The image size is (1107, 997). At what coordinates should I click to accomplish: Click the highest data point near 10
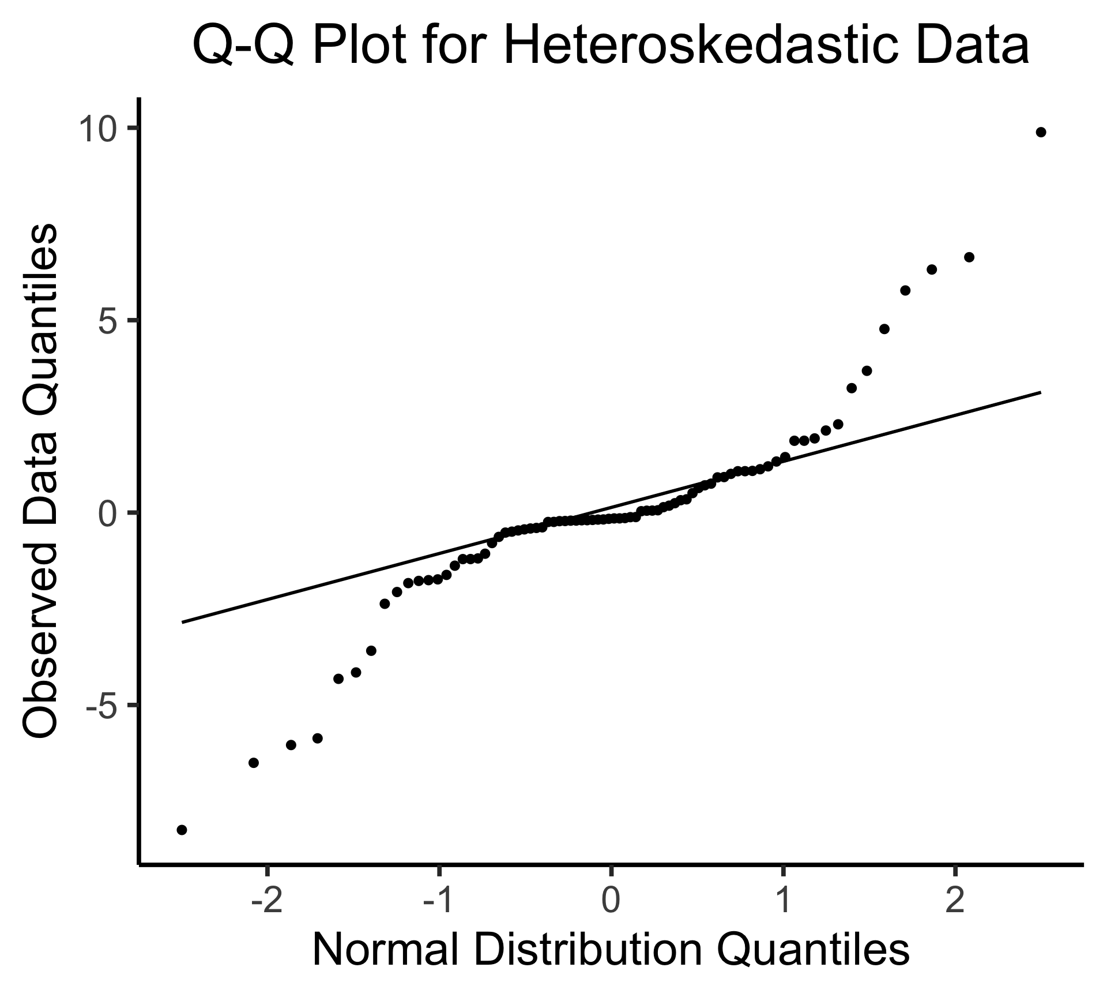click(x=1041, y=132)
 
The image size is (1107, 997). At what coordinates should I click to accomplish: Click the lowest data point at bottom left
click(x=182, y=830)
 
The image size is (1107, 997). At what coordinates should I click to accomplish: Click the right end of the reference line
click(x=1040, y=392)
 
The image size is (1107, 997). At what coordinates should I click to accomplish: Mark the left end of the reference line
click(x=182, y=623)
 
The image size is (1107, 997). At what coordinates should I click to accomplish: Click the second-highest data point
click(x=969, y=257)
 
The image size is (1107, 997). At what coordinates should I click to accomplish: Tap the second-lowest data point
click(x=253, y=763)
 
